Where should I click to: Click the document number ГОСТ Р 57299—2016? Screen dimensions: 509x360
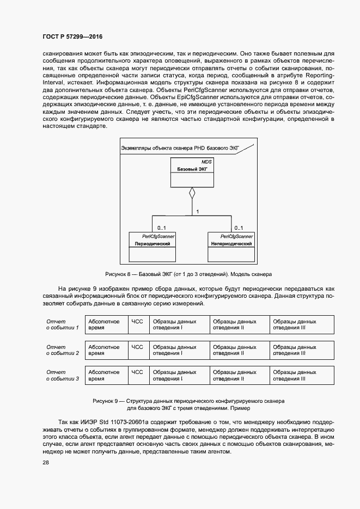[x=72, y=36]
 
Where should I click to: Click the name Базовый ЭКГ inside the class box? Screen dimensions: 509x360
[x=191, y=169]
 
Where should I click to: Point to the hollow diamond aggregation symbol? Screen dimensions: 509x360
[x=191, y=193]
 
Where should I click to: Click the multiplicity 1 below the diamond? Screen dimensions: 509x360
[x=197, y=211]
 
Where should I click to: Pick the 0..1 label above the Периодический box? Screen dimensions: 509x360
[x=161, y=228]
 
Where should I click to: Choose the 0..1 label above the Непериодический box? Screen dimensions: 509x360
[x=239, y=228]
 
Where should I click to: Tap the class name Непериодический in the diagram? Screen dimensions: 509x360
[x=231, y=244]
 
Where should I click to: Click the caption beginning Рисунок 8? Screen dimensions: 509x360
[x=188, y=274]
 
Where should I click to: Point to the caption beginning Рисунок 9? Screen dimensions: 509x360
[x=188, y=404]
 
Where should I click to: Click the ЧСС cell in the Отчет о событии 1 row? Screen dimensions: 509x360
[x=137, y=321]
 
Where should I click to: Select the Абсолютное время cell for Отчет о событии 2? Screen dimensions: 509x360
[x=104, y=350]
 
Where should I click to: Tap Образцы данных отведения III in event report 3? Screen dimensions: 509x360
[x=295, y=376]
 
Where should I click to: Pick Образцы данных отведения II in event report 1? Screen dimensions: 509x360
[x=235, y=324]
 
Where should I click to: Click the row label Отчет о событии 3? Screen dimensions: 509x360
[x=63, y=376]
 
